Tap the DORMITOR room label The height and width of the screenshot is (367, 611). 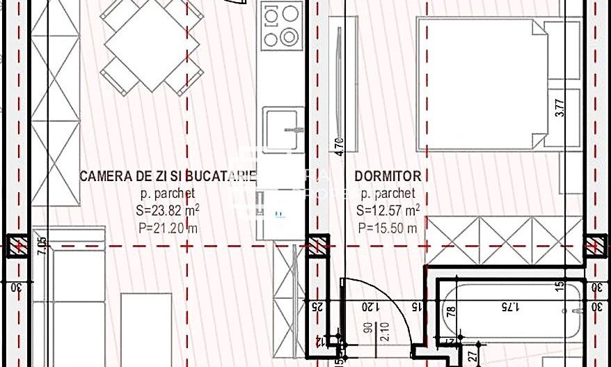click(x=388, y=177)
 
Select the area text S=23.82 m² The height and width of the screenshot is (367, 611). click(x=168, y=210)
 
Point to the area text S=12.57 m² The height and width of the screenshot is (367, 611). click(x=388, y=210)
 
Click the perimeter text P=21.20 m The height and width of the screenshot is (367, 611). click(x=168, y=226)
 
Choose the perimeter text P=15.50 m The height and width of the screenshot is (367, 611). click(x=388, y=227)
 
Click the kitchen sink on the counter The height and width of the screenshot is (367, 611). click(x=283, y=128)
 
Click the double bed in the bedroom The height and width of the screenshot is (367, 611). click(x=487, y=84)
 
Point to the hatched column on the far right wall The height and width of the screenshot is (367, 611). click(x=596, y=245)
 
